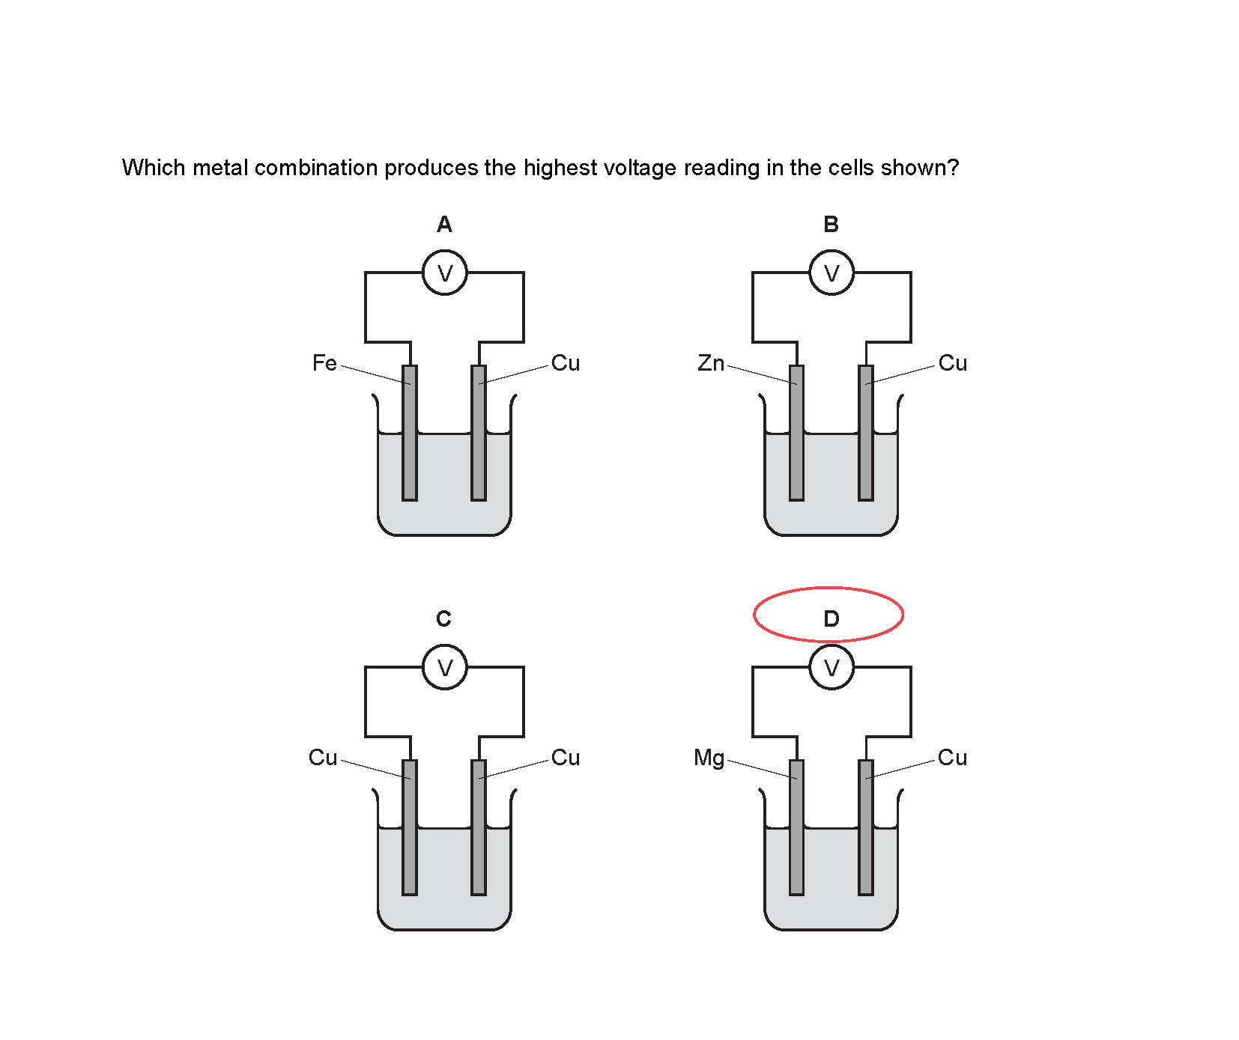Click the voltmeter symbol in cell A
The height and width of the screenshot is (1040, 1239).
point(444,273)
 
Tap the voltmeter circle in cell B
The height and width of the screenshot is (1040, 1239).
point(831,273)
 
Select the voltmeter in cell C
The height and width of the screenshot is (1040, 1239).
point(444,667)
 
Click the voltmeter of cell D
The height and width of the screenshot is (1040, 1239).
point(831,667)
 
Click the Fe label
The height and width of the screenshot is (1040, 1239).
point(324,363)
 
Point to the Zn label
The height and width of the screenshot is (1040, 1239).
point(711,363)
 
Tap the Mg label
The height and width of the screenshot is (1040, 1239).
point(709,758)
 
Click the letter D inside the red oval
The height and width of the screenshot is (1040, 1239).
point(831,618)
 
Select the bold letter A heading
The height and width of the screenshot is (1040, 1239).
point(444,224)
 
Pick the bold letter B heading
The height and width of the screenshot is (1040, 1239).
point(831,224)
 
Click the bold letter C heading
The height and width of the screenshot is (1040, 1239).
point(443,618)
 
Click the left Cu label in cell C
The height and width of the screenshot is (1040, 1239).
point(323,758)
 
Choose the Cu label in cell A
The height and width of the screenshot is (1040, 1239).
point(566,363)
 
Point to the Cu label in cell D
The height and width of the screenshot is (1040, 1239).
point(952,758)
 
